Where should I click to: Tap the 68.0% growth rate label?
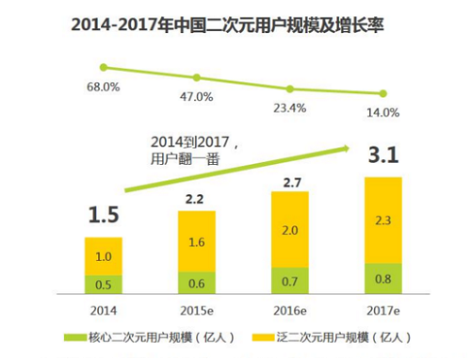pyautogui.click(x=104, y=86)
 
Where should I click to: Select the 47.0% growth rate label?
pyautogui.click(x=198, y=97)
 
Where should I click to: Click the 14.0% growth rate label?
pyautogui.click(x=384, y=112)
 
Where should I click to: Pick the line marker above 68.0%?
pyautogui.click(x=104, y=67)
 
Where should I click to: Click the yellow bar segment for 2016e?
pyautogui.click(x=291, y=230)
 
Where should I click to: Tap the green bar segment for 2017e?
pyautogui.click(x=384, y=279)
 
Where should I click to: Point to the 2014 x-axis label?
pyautogui.click(x=104, y=309)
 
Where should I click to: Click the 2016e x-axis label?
pyautogui.click(x=291, y=309)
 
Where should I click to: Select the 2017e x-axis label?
pyautogui.click(x=384, y=309)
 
